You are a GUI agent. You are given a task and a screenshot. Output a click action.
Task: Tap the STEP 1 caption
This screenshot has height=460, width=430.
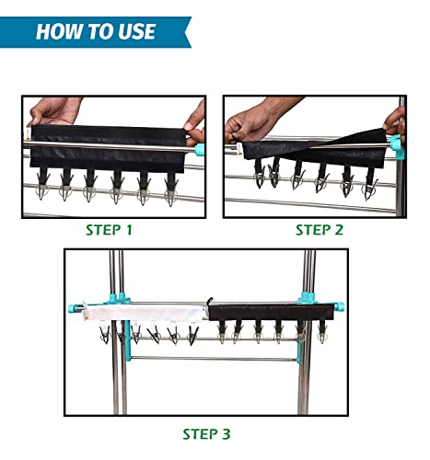(109, 230)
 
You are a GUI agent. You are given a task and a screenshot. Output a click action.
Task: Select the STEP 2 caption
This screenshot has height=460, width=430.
(320, 230)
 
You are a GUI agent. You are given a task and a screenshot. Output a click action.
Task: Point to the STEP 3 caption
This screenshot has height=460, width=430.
(206, 434)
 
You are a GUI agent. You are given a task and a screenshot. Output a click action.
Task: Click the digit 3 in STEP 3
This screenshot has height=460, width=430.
(226, 434)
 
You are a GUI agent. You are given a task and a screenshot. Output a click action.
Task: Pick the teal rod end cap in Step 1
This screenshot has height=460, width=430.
(199, 149)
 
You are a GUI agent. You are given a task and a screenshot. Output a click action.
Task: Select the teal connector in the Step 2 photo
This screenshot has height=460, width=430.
(397, 146)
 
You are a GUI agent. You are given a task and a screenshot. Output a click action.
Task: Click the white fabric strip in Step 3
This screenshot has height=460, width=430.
(145, 314)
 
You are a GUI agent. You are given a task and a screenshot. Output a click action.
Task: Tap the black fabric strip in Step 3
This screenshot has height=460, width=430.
(272, 312)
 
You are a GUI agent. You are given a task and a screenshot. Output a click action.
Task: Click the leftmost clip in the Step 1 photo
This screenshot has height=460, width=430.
(42, 183)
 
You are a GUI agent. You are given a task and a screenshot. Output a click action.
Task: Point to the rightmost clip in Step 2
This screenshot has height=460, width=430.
(370, 184)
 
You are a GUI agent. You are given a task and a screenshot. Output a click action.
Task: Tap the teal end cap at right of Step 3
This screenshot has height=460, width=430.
(339, 306)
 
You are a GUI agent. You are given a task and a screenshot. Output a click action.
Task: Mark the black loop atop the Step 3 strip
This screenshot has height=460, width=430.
(210, 301)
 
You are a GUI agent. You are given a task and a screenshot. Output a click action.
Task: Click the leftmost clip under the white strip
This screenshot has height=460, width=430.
(105, 334)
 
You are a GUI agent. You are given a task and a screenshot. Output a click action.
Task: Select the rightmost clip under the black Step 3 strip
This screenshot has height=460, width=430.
(321, 332)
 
